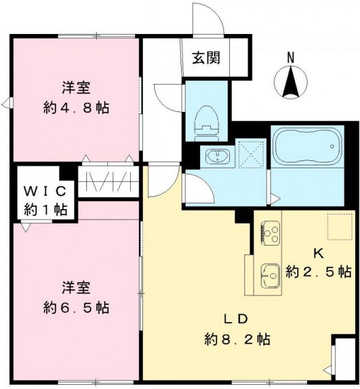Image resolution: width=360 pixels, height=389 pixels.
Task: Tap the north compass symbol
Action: (x=291, y=83)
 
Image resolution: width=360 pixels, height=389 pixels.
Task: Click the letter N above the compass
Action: (x=291, y=58)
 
